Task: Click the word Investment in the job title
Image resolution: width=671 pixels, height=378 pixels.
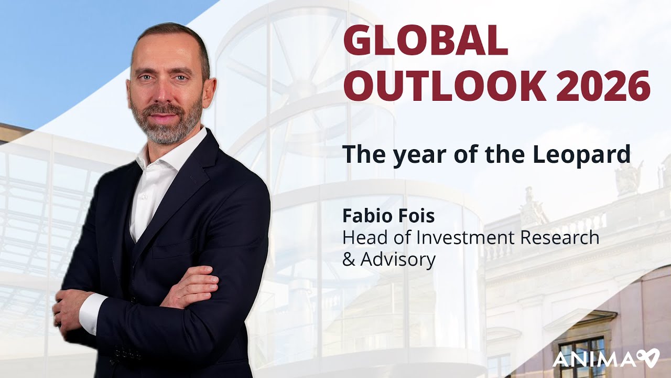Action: point(464,237)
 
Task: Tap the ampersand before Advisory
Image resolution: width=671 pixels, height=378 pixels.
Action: point(348,259)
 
